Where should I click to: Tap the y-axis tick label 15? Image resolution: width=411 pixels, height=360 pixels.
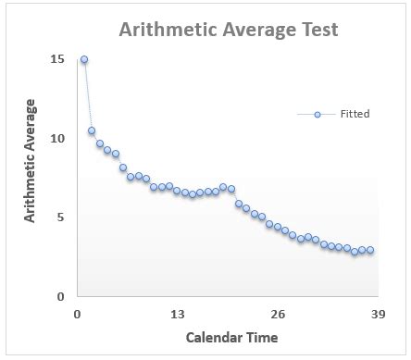click(57, 59)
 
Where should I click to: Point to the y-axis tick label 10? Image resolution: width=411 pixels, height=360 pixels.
click(57, 139)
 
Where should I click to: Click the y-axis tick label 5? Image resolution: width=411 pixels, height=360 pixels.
click(60, 217)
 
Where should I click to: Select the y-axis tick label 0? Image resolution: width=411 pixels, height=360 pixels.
click(60, 297)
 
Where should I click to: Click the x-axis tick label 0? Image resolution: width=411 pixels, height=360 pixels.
click(77, 314)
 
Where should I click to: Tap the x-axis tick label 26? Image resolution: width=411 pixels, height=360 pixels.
click(277, 314)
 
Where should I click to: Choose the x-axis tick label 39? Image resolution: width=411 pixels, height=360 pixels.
click(377, 314)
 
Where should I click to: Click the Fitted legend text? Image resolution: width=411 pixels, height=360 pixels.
click(355, 114)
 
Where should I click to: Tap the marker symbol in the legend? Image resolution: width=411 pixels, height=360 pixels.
click(317, 114)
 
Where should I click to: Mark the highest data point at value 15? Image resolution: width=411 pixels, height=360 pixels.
click(84, 59)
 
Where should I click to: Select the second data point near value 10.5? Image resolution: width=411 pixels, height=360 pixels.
click(92, 130)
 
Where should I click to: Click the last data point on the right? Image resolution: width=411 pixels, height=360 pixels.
click(369, 250)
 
